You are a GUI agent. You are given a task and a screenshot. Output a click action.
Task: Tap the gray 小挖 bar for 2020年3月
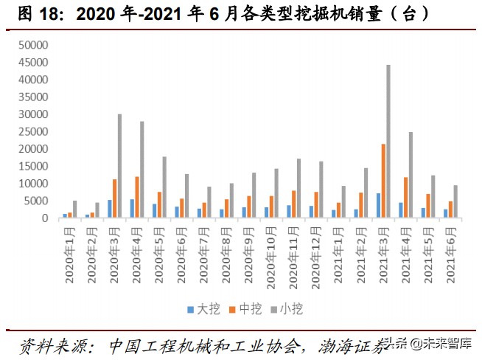pyautogui.click(x=119, y=166)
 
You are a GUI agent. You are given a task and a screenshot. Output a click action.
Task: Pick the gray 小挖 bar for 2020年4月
pyautogui.click(x=142, y=170)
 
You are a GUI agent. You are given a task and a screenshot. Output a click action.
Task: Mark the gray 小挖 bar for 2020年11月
pyautogui.click(x=298, y=188)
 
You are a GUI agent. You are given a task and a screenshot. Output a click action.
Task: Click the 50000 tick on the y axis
pyautogui.click(x=32, y=45)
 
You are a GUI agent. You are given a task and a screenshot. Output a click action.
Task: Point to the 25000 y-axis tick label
pyautogui.click(x=32, y=131)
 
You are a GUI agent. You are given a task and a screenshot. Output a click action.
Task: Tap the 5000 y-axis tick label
pyautogui.click(x=35, y=201)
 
